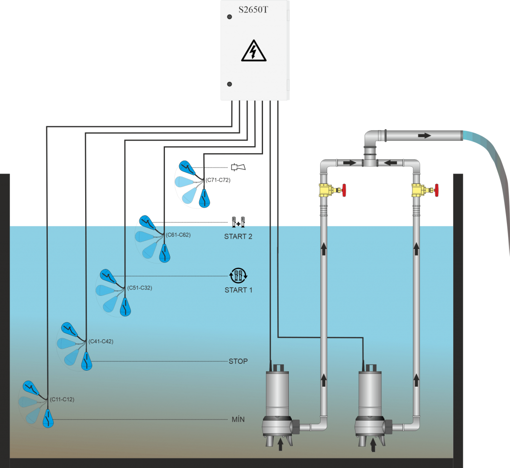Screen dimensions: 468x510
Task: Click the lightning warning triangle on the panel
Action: pyautogui.click(x=255, y=51)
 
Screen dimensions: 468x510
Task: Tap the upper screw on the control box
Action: pyautogui.click(x=230, y=16)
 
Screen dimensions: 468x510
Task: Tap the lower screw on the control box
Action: pyautogui.click(x=230, y=84)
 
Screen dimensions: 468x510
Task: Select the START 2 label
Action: pyautogui.click(x=238, y=236)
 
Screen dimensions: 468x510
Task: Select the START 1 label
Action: pyautogui.click(x=238, y=290)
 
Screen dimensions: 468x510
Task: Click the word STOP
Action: pyautogui.click(x=238, y=361)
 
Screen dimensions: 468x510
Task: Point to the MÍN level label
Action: pyautogui.click(x=238, y=420)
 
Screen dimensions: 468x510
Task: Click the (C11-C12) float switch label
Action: pyautogui.click(x=62, y=400)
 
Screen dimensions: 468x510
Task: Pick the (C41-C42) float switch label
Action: pyautogui.click(x=101, y=342)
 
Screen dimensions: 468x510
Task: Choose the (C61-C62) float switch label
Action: pyautogui.click(x=178, y=234)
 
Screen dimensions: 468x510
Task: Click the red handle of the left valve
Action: pyautogui.click(x=344, y=190)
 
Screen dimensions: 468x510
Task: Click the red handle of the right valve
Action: pyautogui.click(x=437, y=190)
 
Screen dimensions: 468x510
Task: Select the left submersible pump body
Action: pyautogui.click(x=277, y=394)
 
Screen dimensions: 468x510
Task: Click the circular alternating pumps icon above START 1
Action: pyautogui.click(x=238, y=275)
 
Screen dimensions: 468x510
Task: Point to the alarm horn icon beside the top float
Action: pyautogui.click(x=238, y=167)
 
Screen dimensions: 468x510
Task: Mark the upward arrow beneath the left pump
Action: pyautogui.click(x=280, y=444)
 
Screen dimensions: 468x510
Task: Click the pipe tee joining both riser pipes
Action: pyautogui.click(x=370, y=160)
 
